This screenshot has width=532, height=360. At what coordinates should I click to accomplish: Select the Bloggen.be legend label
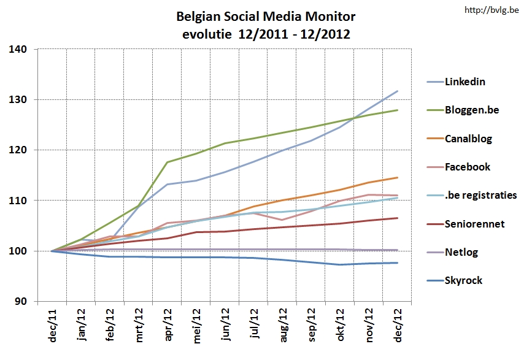pyautogui.click(x=473, y=110)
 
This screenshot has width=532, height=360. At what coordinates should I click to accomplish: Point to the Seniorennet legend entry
pyautogui.click(x=475, y=224)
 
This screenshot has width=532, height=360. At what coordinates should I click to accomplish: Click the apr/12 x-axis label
pyautogui.click(x=170, y=326)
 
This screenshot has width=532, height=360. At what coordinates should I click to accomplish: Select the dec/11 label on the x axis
pyautogui.click(x=53, y=326)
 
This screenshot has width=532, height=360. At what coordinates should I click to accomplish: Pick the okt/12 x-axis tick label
pyautogui.click(x=341, y=326)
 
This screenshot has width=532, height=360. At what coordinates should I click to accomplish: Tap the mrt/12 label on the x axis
pyautogui.click(x=141, y=326)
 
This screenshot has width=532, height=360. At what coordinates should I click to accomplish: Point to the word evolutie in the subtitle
pyautogui.click(x=206, y=34)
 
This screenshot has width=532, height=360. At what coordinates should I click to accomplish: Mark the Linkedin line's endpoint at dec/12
pyautogui.click(x=398, y=91)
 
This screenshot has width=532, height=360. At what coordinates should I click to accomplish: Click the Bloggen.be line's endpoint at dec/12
pyautogui.click(x=398, y=110)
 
